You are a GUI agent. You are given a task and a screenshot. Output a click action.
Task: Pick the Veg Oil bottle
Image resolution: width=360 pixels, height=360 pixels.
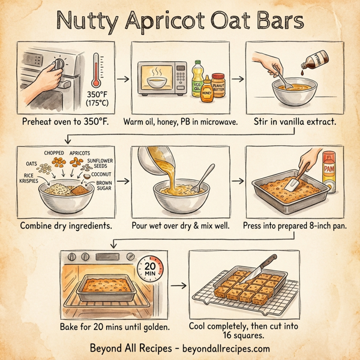pos(197,79)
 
